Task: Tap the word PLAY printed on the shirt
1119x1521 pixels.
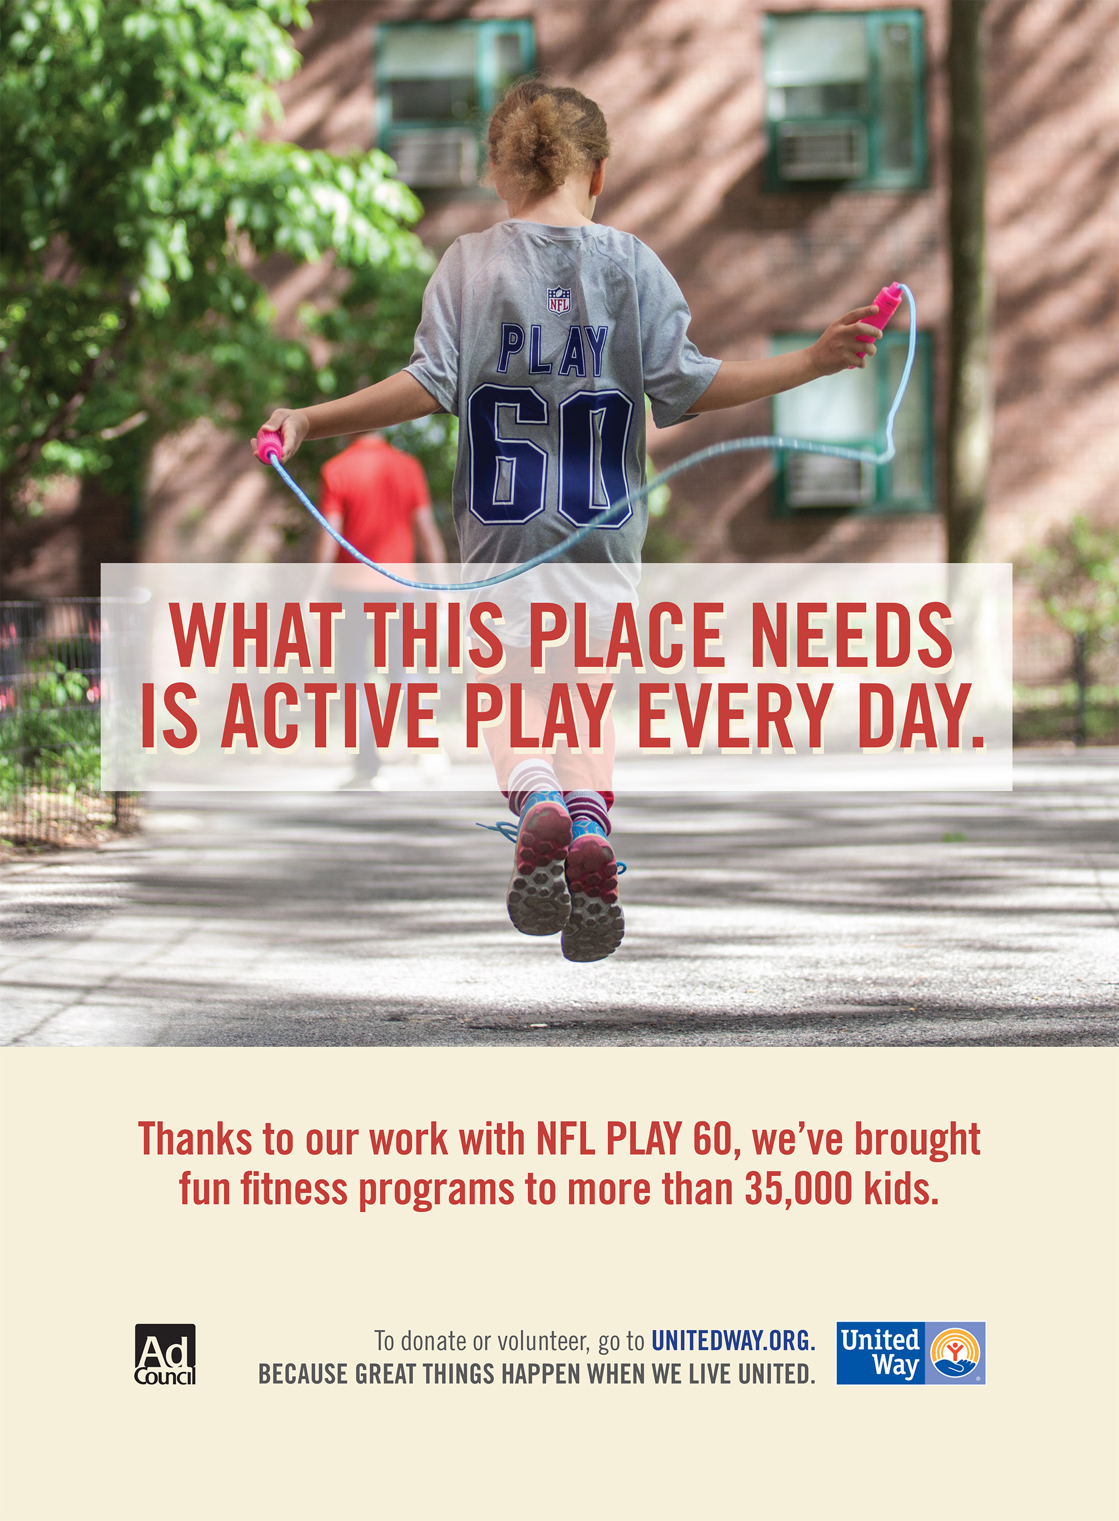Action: click(x=552, y=350)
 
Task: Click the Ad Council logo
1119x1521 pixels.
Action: click(x=165, y=1354)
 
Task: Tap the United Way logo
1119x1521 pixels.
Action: click(x=911, y=1353)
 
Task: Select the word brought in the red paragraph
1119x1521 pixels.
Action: click(x=917, y=1140)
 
